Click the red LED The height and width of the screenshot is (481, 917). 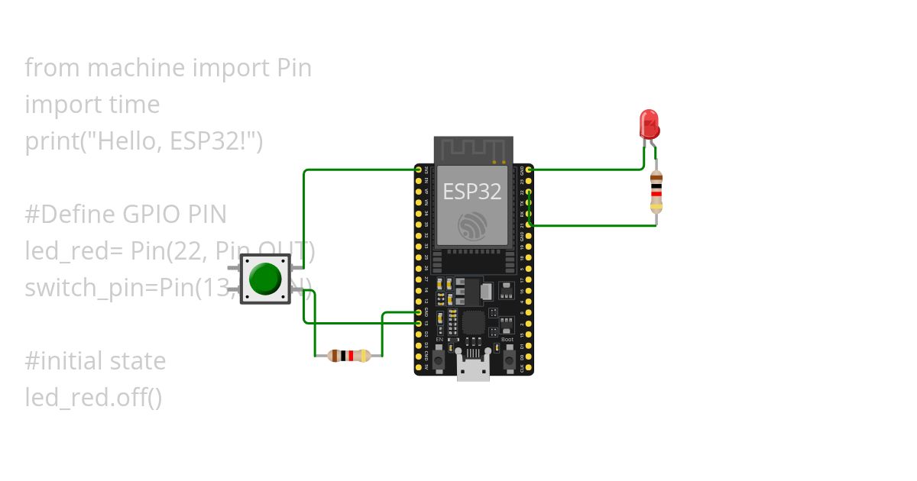point(649,124)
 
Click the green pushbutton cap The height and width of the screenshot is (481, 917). point(265,279)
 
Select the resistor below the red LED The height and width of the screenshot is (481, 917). point(656,192)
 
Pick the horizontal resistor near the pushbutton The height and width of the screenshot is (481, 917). point(348,355)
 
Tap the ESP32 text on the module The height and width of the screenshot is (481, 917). point(472,191)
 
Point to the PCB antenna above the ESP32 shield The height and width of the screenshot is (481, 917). point(473,150)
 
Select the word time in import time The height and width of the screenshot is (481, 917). point(134,105)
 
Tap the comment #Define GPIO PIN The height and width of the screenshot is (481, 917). point(125,215)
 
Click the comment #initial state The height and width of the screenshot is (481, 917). point(95,361)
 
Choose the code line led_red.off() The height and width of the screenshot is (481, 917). point(93,398)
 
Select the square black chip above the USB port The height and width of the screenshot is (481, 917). point(473,322)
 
